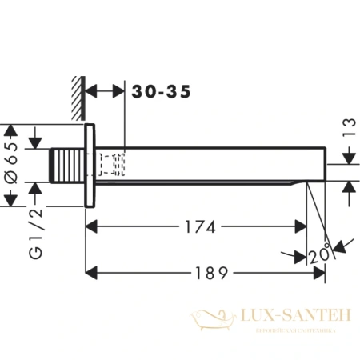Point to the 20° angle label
click(320, 255)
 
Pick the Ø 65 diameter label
click(12, 166)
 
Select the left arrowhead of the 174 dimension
click(90, 227)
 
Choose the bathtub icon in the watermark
click(211, 322)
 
